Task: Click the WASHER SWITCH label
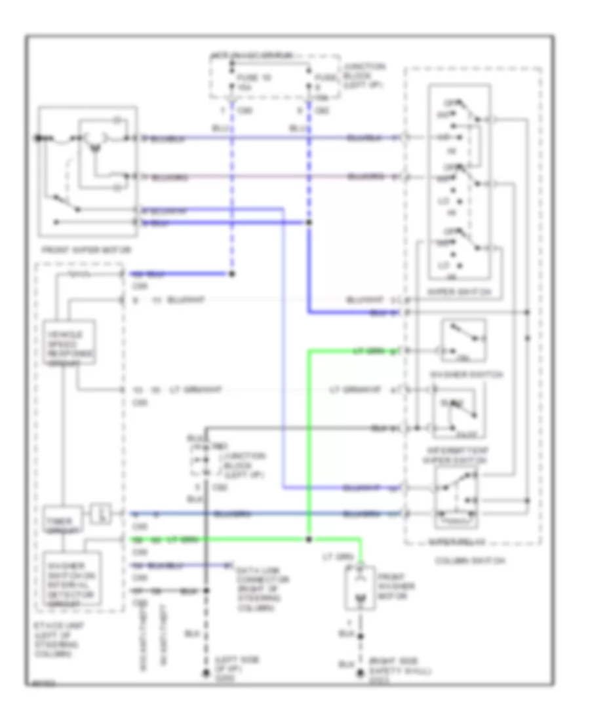point(466,374)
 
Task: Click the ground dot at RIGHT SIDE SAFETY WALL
point(359,673)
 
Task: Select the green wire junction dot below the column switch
point(309,539)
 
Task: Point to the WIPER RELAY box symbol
point(456,502)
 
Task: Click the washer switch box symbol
point(463,341)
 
